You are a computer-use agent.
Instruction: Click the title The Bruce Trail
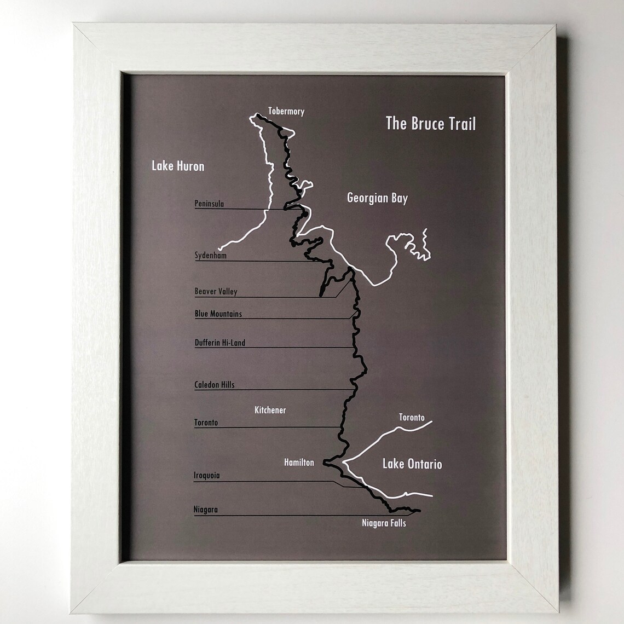tap(430, 123)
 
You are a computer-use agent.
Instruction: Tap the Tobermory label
tap(286, 111)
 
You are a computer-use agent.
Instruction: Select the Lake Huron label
tap(178, 166)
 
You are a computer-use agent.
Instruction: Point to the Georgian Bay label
tap(377, 198)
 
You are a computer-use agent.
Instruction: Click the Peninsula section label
tap(209, 204)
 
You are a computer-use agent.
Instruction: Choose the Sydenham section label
tap(210, 255)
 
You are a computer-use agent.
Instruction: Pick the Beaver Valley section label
tap(216, 291)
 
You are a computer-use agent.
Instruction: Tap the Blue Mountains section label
tap(218, 314)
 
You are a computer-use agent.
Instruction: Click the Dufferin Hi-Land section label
tap(219, 343)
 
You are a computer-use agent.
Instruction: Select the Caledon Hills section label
tap(214, 385)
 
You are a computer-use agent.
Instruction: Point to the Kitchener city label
tap(270, 410)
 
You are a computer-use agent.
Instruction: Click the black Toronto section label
tap(206, 423)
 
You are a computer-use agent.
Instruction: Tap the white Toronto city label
tap(412, 417)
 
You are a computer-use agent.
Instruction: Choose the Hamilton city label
tap(299, 463)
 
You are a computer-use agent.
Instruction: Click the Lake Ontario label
tap(412, 464)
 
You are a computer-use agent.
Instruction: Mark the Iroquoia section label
tap(206, 475)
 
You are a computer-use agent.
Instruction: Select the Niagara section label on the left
tap(205, 510)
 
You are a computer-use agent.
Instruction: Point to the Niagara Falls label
tap(384, 523)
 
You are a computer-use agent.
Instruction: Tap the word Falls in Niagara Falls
tap(397, 523)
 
